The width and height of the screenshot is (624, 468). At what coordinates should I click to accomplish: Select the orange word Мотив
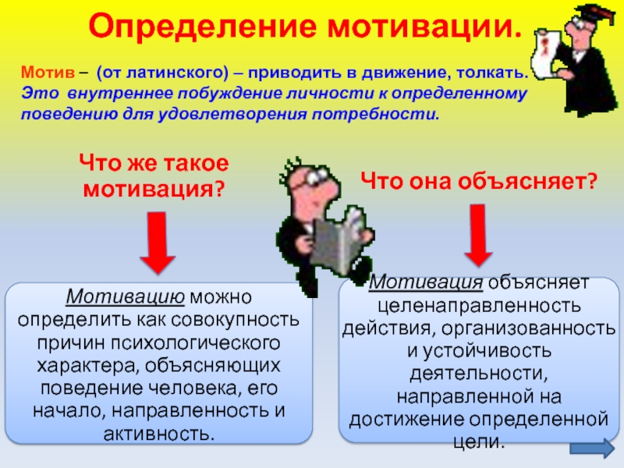pyautogui.click(x=48, y=73)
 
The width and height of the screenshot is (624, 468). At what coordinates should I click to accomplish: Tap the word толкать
pyautogui.click(x=492, y=73)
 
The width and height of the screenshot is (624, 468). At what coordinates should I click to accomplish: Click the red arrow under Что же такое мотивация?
pyautogui.click(x=158, y=243)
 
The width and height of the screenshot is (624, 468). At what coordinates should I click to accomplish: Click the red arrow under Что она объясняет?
pyautogui.click(x=478, y=235)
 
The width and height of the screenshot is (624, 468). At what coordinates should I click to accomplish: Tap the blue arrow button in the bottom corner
pyautogui.click(x=592, y=448)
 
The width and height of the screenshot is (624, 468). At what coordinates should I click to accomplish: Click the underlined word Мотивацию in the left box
pyautogui.click(x=126, y=297)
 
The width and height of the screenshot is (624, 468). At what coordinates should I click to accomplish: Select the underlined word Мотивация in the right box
pyautogui.click(x=426, y=282)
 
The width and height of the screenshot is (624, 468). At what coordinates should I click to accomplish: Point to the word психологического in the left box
pyautogui.click(x=196, y=343)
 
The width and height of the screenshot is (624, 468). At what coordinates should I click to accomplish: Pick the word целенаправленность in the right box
pyautogui.click(x=479, y=306)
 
